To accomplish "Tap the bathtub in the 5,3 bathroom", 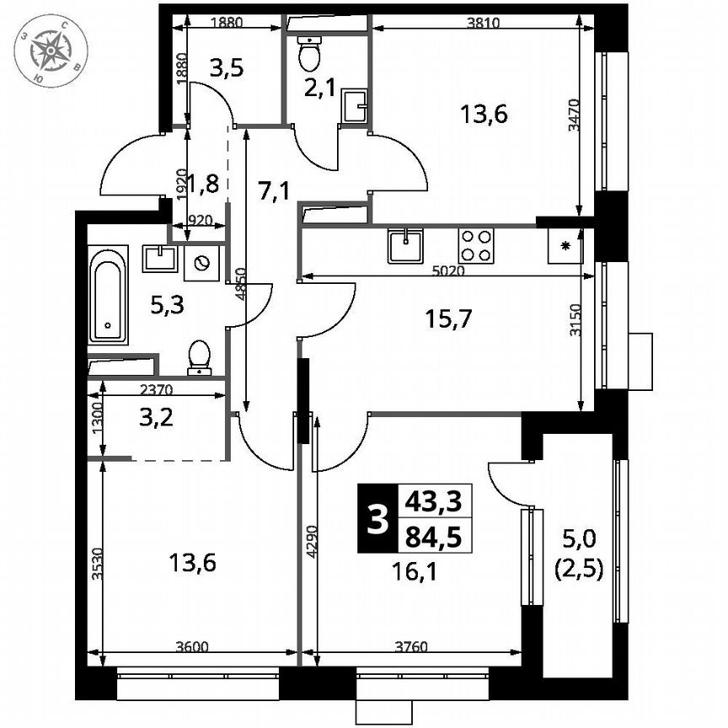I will click(108, 294).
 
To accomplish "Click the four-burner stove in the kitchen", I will click(475, 245).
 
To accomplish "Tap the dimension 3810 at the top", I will click(484, 24).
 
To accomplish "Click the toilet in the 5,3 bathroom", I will click(199, 356).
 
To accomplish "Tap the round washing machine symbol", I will click(202, 263).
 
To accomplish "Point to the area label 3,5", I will click(227, 69).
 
